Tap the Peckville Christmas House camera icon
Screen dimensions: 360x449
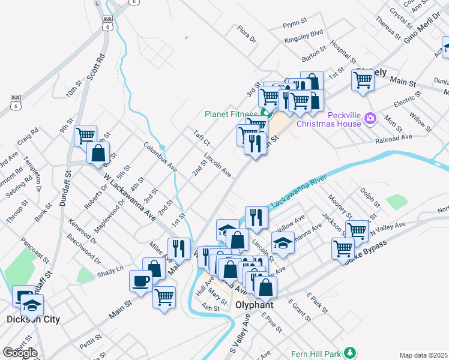pyautogui.click(x=370, y=119)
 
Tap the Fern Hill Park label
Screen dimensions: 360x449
pyautogui.click(x=316, y=354)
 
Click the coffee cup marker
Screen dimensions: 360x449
pyautogui.click(x=141, y=280)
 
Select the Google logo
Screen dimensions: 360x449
pyautogui.click(x=20, y=353)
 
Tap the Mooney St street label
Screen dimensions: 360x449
pyautogui.click(x=340, y=206)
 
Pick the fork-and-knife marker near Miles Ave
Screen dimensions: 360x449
pyautogui.click(x=178, y=247)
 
